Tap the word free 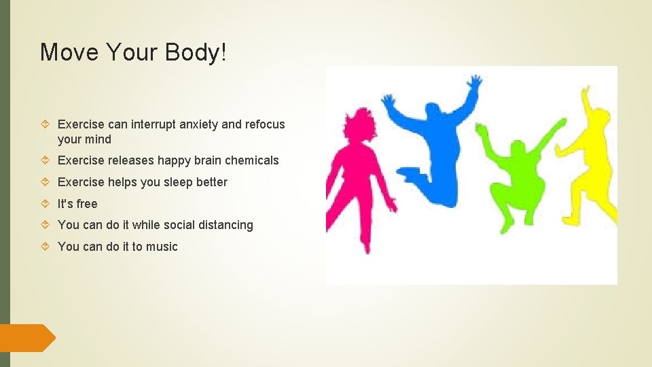[x=87, y=204]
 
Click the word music [x=162, y=247]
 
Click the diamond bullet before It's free [x=45, y=204]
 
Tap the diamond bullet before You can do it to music [x=45, y=247]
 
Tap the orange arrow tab [x=27, y=338]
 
